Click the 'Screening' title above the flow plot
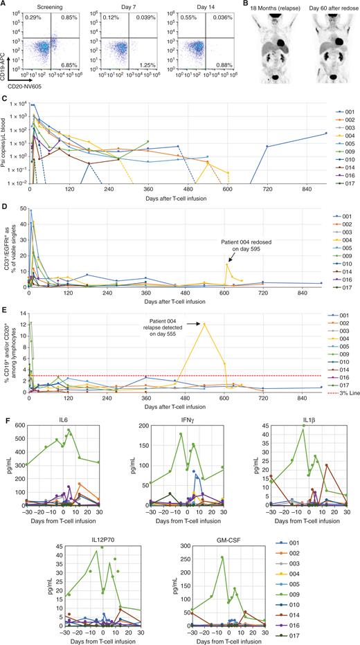(x=51, y=6)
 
